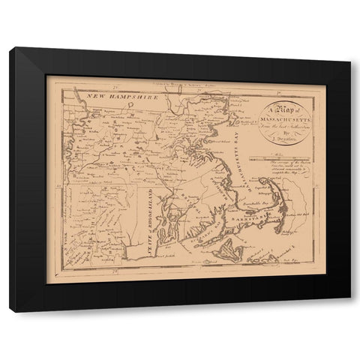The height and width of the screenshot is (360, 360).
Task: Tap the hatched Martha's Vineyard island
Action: tap(224, 256)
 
